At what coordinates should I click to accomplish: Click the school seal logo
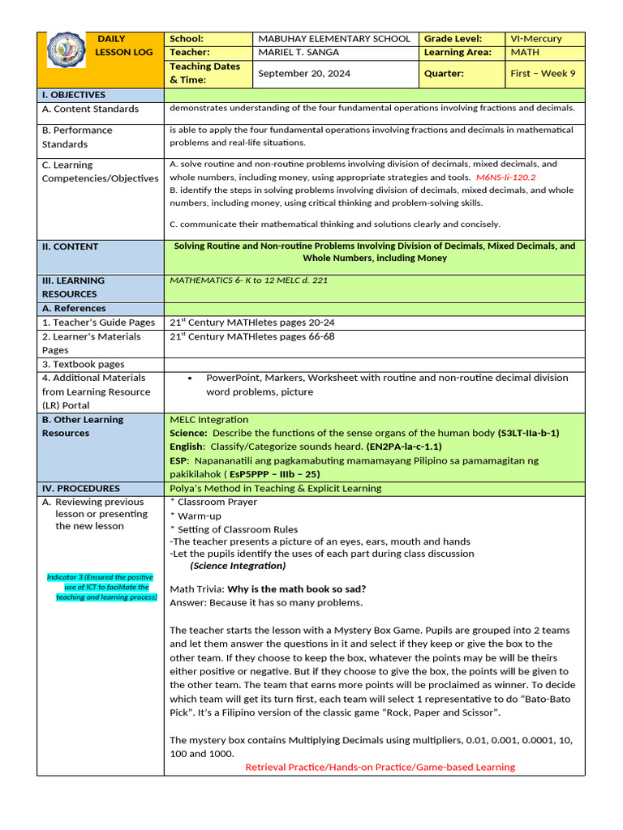click(66, 50)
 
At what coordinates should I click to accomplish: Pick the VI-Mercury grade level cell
click(535, 39)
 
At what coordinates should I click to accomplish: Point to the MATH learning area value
click(524, 53)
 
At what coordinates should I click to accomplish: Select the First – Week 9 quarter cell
click(543, 74)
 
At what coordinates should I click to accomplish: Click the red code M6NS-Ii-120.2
click(505, 177)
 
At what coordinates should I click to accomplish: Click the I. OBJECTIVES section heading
click(74, 95)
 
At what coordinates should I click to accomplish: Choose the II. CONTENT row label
click(71, 246)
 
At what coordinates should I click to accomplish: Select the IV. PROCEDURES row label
click(81, 489)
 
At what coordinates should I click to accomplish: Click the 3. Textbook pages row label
click(84, 365)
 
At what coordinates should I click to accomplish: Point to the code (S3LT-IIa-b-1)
click(528, 433)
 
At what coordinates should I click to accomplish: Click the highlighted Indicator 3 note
click(101, 587)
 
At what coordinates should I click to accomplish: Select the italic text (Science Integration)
click(238, 566)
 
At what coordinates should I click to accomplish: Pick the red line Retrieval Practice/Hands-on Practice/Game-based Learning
click(380, 767)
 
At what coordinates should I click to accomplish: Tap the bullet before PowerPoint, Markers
click(189, 379)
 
